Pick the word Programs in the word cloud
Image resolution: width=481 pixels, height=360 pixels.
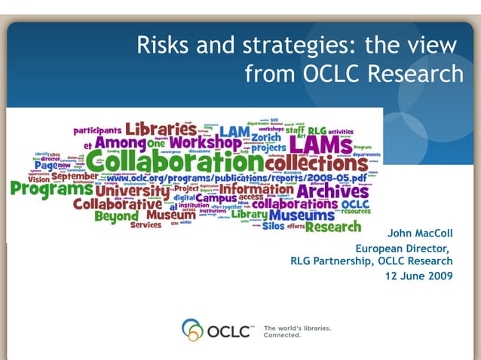pos(51,191)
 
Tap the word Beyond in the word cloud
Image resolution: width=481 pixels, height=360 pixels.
pos(116,216)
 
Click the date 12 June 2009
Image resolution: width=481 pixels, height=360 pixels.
pos(418,276)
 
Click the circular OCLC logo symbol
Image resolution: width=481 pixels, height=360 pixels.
pos(192,330)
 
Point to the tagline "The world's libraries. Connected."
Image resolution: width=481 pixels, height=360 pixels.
pos(297,331)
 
